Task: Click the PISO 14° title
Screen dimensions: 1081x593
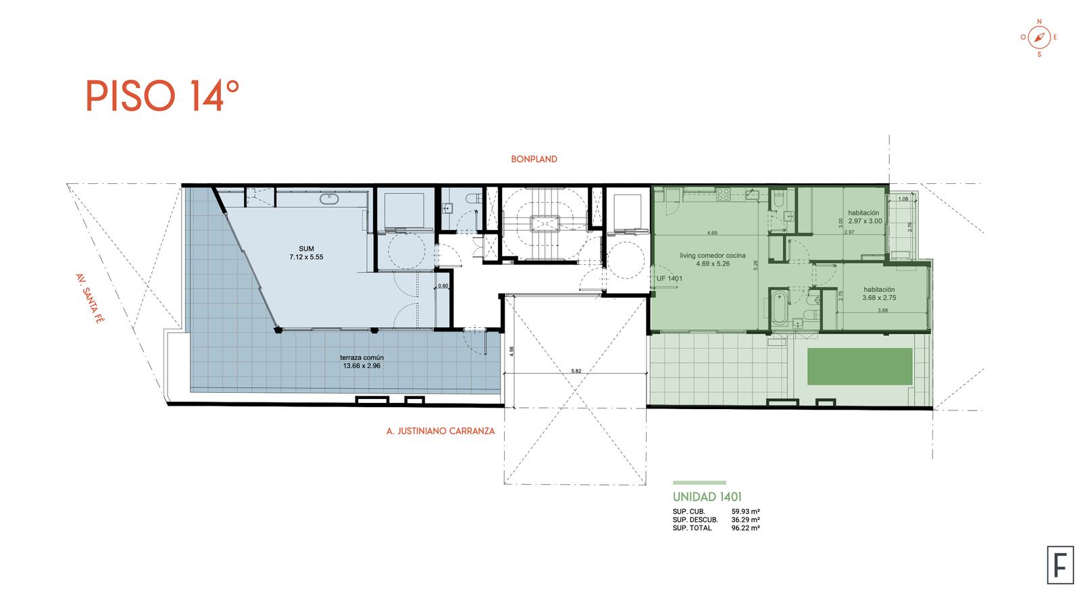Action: [x=162, y=95]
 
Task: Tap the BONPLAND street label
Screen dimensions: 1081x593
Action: [x=534, y=159]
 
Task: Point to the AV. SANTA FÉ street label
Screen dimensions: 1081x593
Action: [x=90, y=298]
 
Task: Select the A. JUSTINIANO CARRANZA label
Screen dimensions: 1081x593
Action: [x=440, y=431]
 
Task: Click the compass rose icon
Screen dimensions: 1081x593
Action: [x=1039, y=37]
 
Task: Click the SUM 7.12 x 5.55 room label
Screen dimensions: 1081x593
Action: [x=307, y=253]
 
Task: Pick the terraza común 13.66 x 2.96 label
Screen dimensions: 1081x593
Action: [x=361, y=362]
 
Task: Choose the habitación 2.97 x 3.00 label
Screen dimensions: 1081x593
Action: [x=865, y=217]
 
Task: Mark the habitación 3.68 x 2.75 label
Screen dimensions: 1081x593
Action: [x=879, y=293]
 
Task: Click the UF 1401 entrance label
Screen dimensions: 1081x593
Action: [x=670, y=279]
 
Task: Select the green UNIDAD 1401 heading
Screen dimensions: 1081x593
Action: [x=707, y=496]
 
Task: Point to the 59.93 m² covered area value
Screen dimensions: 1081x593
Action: [x=746, y=511]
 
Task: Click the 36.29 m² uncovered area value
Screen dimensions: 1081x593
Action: [x=746, y=519]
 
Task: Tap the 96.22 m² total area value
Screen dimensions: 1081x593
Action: [x=746, y=528]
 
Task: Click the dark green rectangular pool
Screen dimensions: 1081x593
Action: [x=859, y=366]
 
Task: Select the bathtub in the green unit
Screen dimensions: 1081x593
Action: [x=778, y=308]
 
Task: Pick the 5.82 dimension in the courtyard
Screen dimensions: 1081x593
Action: [x=576, y=371]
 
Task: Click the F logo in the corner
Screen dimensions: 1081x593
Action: [x=1060, y=565]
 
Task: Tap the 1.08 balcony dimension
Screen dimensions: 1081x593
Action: [x=903, y=199]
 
